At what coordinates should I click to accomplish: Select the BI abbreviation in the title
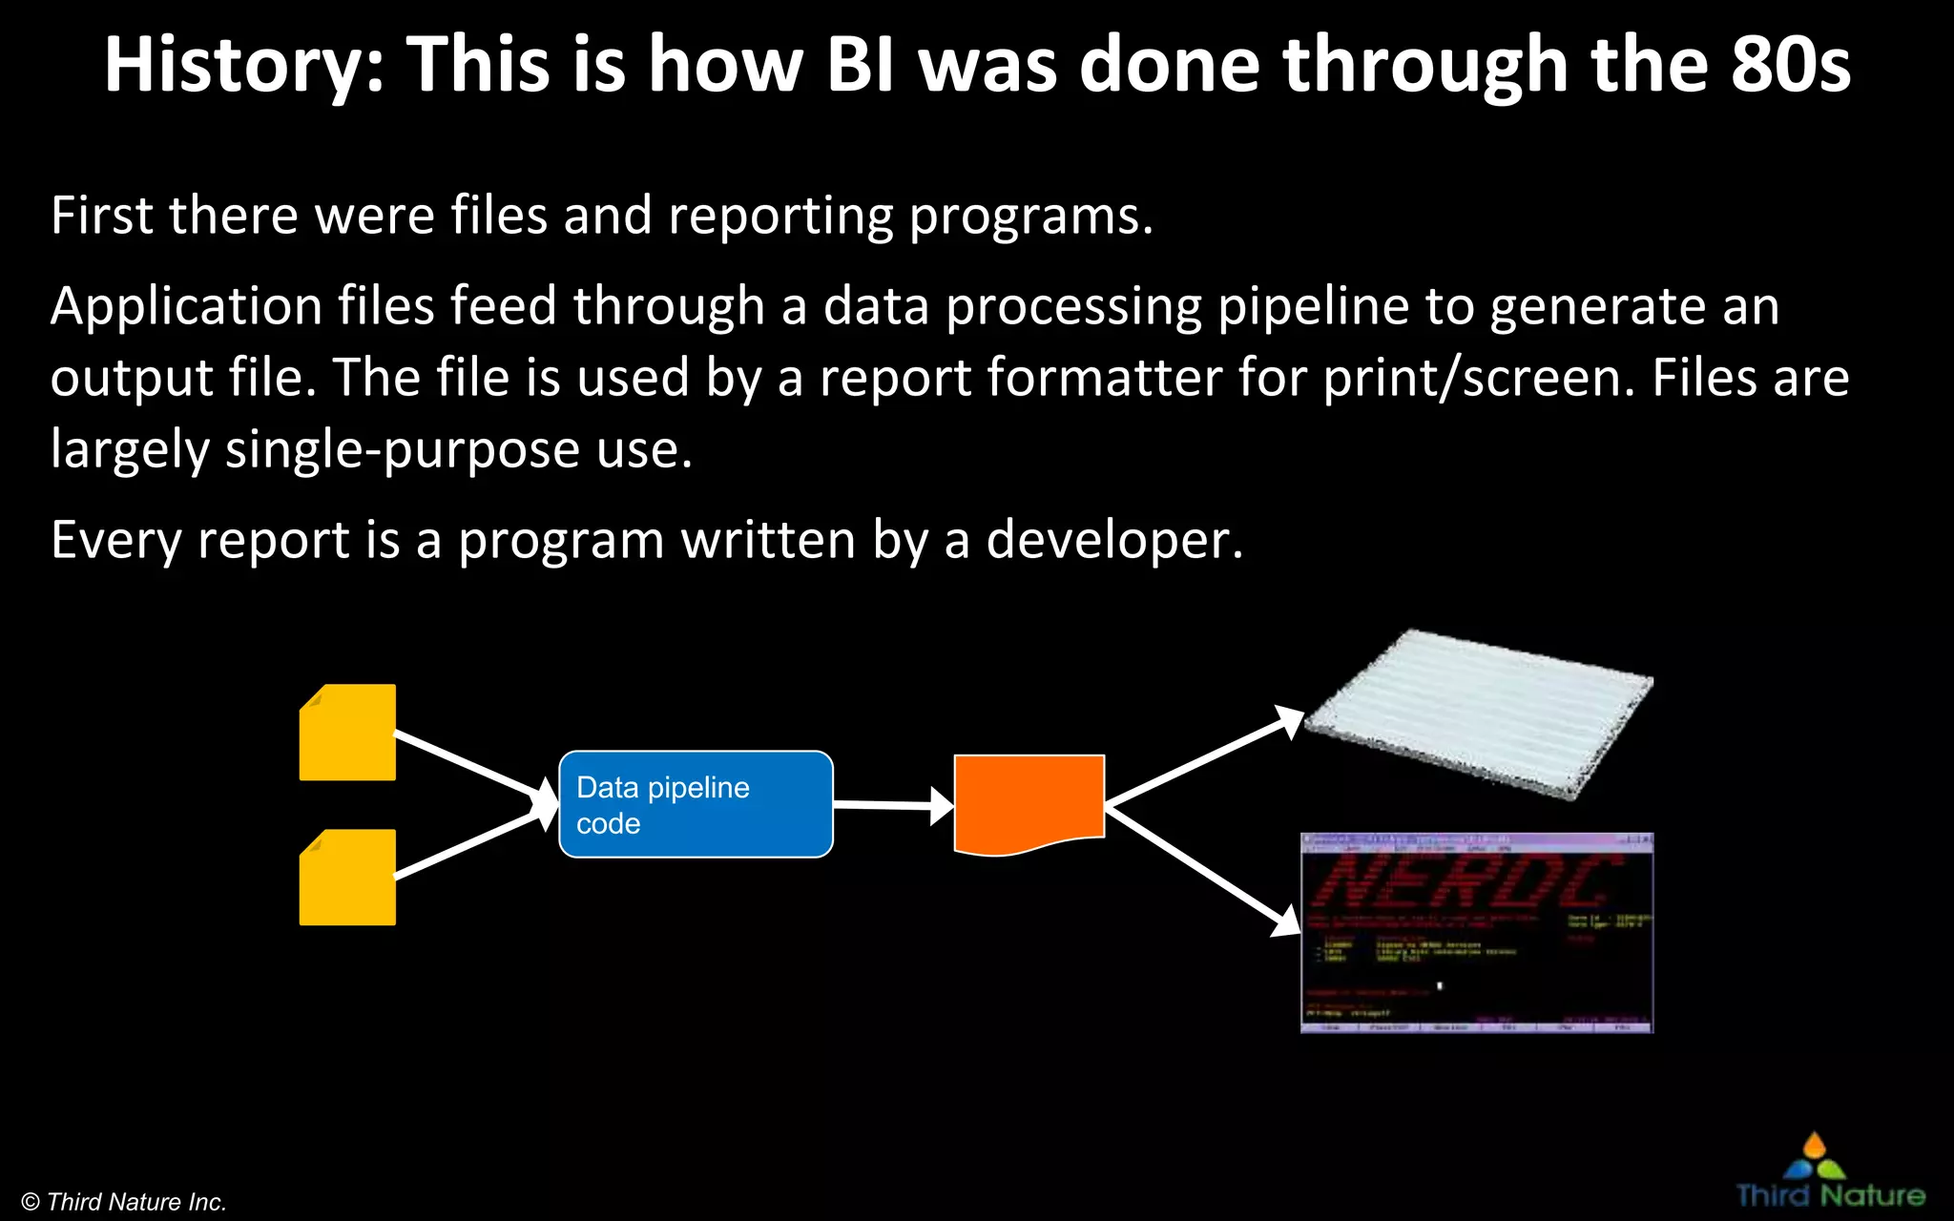click(x=861, y=65)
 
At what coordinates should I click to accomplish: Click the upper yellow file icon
click(x=347, y=733)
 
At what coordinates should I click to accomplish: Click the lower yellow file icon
click(x=347, y=878)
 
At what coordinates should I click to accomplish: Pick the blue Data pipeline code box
click(x=696, y=804)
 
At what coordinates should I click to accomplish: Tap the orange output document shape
click(x=1029, y=801)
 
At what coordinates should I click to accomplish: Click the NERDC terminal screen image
click(x=1476, y=933)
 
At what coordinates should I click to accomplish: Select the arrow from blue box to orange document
click(x=892, y=806)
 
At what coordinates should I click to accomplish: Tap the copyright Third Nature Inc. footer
click(x=124, y=1202)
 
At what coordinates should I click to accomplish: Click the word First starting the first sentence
click(x=101, y=216)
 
